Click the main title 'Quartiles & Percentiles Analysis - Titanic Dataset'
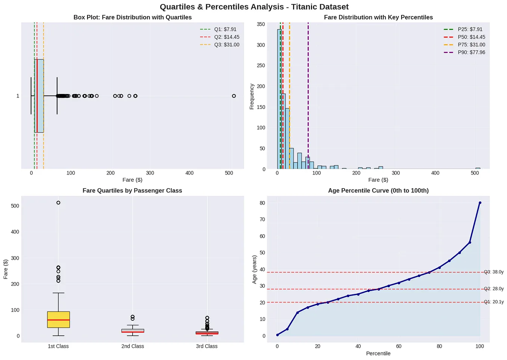pos(254,7)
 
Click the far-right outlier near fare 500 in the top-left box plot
pos(234,96)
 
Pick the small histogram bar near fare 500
pos(478,168)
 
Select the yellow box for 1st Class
pos(58,319)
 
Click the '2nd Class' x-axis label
pos(133,346)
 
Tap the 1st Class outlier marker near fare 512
pos(58,203)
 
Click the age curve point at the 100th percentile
pos(480,203)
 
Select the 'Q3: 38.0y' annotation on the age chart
pos(494,272)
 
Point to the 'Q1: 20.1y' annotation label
pos(494,302)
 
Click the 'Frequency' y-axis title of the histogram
pos(252,96)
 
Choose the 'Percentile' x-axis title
pos(378,353)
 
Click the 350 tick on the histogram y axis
pos(261,24)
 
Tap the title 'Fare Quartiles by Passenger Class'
pos(132,191)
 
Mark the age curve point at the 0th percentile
pos(277,335)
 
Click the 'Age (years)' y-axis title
pos(254,269)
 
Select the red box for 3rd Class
pos(207,332)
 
